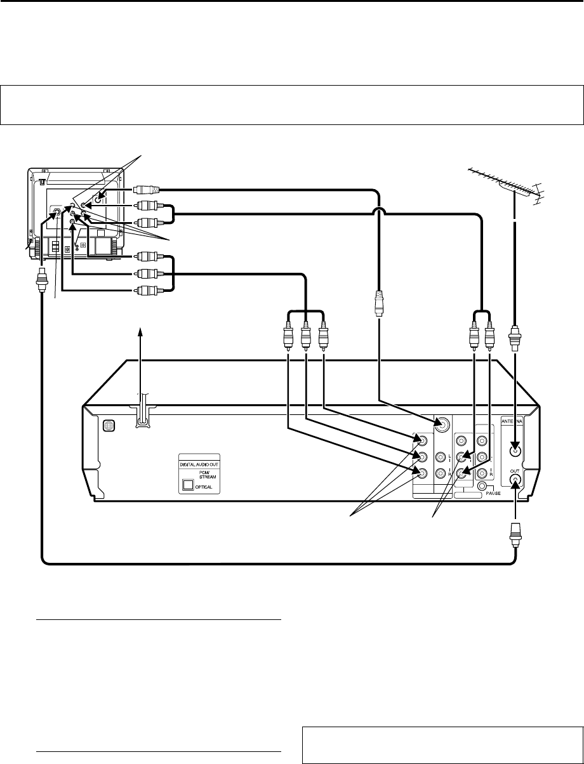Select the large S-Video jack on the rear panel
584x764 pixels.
441,426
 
